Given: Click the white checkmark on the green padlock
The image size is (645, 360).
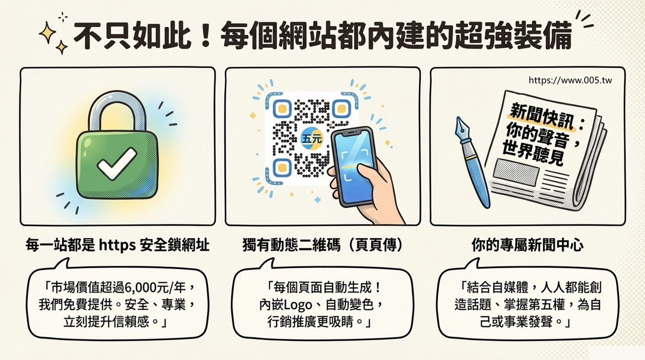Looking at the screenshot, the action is click(116, 163).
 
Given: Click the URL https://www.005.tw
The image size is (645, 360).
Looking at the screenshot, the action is click(570, 80).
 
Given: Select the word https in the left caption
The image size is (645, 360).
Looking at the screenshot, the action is click(117, 246).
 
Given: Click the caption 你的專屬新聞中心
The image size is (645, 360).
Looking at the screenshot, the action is click(528, 246).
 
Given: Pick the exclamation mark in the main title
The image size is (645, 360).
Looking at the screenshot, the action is click(205, 35).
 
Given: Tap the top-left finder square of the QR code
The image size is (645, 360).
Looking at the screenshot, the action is click(282, 108).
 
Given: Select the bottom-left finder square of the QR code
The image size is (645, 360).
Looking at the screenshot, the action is click(282, 167).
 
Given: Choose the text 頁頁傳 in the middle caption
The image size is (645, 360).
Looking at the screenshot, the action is click(376, 246).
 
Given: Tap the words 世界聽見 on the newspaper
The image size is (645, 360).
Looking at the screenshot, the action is click(533, 155).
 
